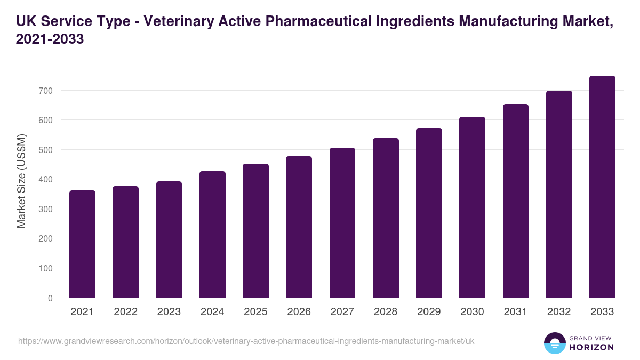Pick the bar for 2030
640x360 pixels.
(472, 207)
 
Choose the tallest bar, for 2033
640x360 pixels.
(602, 187)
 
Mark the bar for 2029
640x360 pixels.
(429, 213)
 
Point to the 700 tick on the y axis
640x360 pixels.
(46, 91)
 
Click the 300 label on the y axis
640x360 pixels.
(46, 209)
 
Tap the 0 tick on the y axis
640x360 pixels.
(50, 298)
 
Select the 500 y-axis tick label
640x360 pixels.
(46, 150)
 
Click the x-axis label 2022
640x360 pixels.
(125, 312)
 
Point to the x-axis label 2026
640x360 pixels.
(299, 312)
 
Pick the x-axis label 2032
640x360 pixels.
(559, 312)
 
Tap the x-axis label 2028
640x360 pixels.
(386, 312)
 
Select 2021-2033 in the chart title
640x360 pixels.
(50, 39)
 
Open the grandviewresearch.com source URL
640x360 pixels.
(246, 341)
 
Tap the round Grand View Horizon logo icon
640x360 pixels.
(554, 343)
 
